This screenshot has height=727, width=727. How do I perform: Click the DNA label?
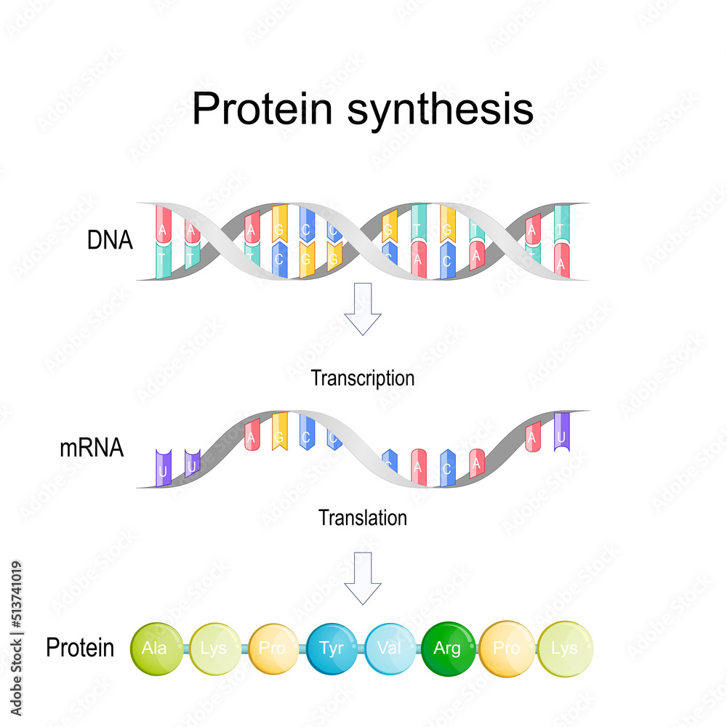(110, 241)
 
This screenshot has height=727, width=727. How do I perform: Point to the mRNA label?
(92, 449)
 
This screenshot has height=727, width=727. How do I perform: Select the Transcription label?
(363, 378)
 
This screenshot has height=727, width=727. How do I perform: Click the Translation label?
(363, 518)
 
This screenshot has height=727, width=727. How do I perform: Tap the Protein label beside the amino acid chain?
(80, 648)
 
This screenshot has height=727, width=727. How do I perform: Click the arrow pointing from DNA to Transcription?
(363, 308)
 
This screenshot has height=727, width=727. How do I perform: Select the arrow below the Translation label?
(363, 577)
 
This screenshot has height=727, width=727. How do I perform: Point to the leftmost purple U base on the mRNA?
(163, 467)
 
